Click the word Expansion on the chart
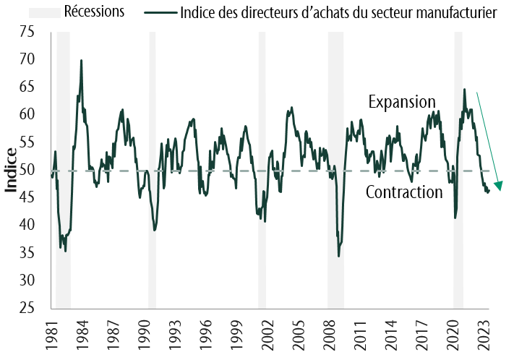(402, 102)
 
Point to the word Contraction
(404, 192)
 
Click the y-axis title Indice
(12, 170)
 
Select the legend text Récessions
(94, 11)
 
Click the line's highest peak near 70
(81, 61)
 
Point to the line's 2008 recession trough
(338, 256)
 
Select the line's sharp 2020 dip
(455, 218)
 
